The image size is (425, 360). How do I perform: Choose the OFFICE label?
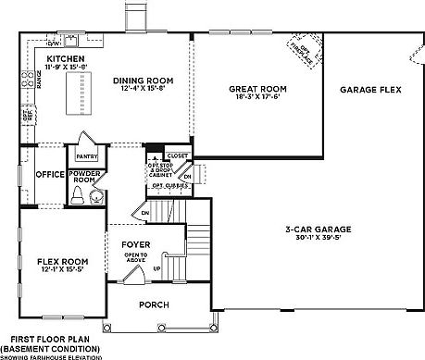coord(49,174)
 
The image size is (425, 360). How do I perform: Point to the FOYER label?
coord(135,245)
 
